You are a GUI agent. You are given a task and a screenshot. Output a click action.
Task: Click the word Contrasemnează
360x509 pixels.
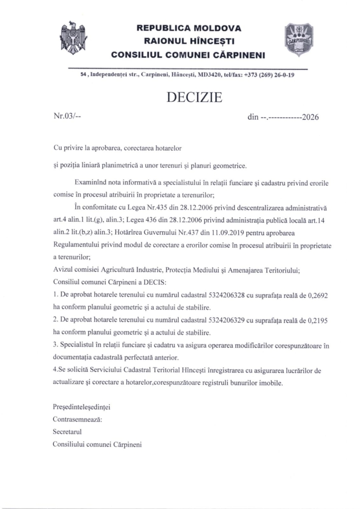pos(78,420)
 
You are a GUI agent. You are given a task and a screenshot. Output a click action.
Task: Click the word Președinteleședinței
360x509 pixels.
pos(82,408)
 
